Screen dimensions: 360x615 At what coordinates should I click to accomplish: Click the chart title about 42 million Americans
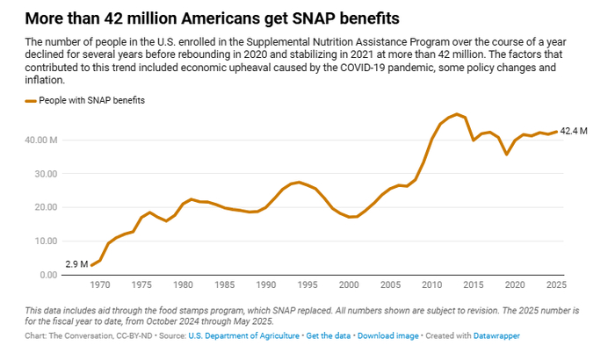coord(219,17)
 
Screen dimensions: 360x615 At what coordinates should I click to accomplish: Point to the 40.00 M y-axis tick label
coord(42,140)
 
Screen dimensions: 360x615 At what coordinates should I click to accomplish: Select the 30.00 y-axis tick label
coord(42,174)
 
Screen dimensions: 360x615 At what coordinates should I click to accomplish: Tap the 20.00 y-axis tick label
coord(42,208)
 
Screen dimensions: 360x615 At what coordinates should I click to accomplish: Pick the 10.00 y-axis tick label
coord(42,241)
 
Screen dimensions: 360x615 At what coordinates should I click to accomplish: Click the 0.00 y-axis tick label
coord(45,275)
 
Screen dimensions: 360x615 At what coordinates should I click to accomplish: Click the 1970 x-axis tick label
coord(100,285)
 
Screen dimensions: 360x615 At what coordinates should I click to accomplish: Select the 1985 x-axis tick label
coord(224,285)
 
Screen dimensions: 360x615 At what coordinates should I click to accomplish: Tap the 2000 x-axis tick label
coord(350,285)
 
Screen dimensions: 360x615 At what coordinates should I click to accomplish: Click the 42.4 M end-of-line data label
coord(574,132)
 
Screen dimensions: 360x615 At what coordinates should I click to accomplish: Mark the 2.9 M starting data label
coord(76,264)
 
